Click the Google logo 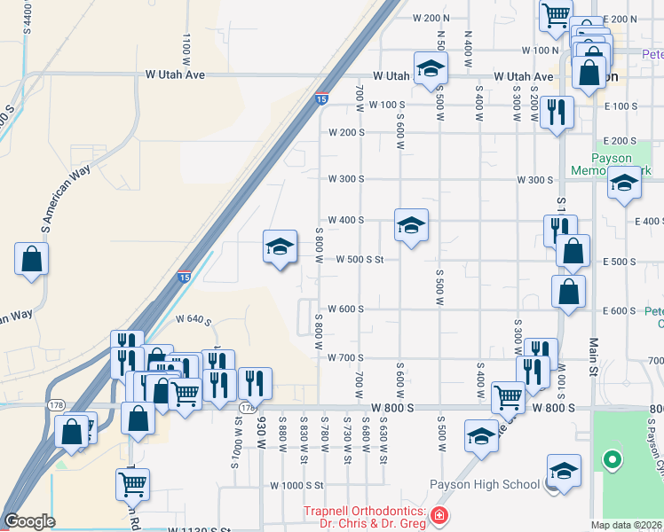[x=30, y=521]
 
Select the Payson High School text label [x=485, y=484]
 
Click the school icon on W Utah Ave [x=431, y=69]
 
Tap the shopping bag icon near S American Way [x=31, y=260]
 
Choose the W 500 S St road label [x=360, y=260]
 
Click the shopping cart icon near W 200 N [x=556, y=15]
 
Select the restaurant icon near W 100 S [x=557, y=112]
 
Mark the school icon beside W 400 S [x=411, y=226]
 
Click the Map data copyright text [x=626, y=525]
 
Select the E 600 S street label [x=620, y=310]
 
